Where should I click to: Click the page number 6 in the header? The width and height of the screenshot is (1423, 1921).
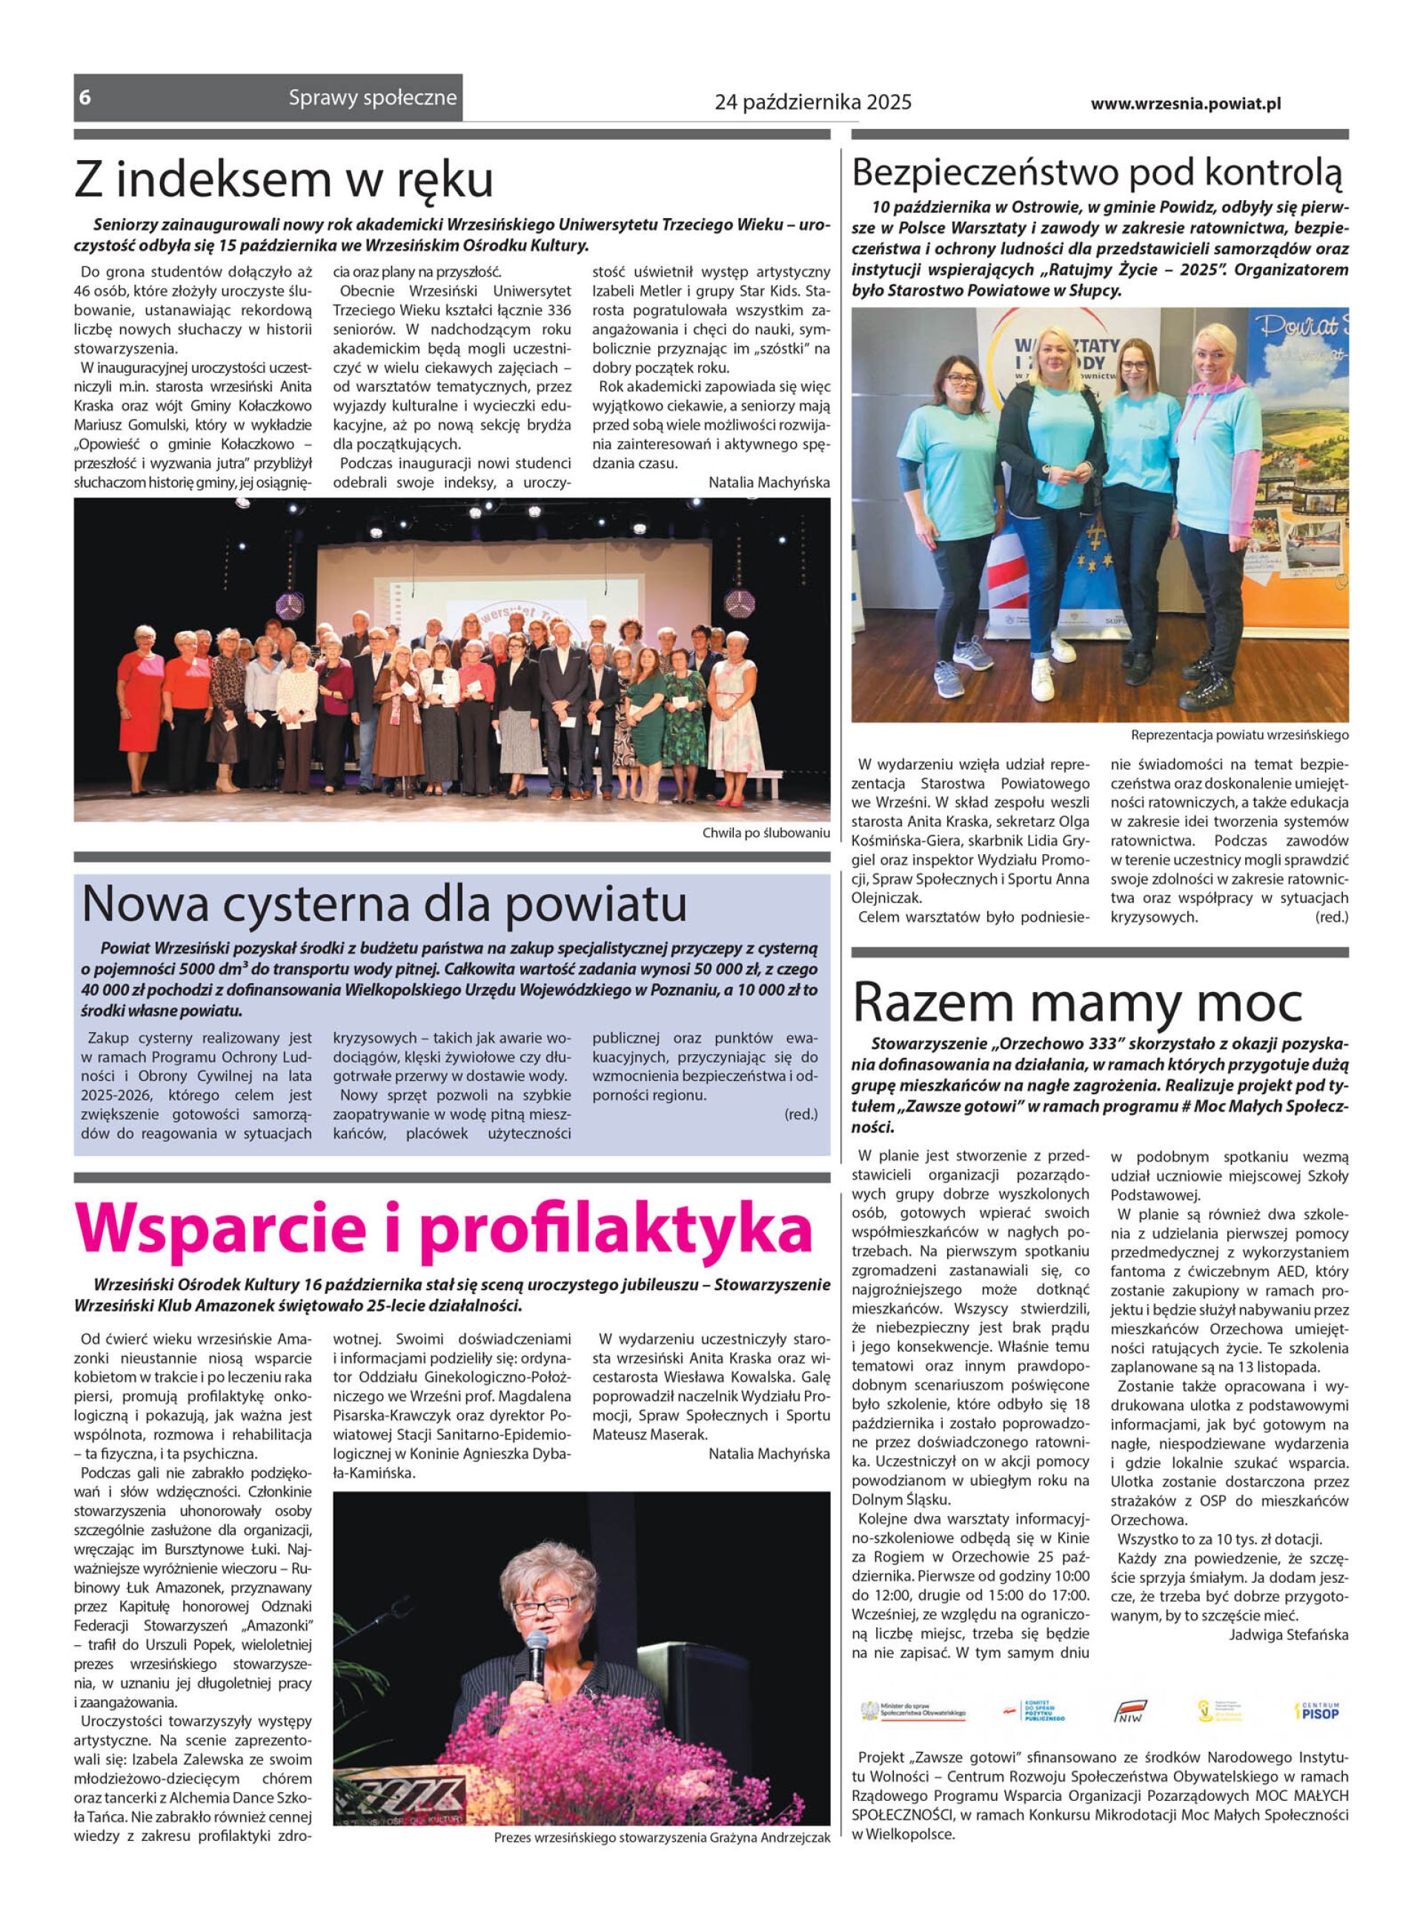84,97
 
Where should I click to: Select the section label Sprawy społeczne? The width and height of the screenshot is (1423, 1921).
372,97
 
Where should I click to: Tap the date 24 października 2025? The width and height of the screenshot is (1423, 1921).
812,102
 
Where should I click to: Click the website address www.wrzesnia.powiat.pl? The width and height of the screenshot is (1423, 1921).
1185,103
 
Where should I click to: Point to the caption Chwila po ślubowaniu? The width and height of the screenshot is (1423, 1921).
766,833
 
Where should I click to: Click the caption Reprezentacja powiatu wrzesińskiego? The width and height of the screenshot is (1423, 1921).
1238,735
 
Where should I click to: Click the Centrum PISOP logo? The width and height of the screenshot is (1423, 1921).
1317,1711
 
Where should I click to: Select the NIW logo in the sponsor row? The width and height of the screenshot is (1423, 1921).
1130,1712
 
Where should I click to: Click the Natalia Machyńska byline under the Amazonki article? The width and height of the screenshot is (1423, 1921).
769,1453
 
